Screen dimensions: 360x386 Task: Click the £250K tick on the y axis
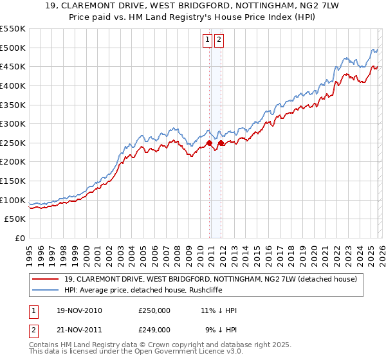[13, 143]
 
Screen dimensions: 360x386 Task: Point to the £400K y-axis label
[13, 85]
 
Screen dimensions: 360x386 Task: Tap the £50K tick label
[15, 219]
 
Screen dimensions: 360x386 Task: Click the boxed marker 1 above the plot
[208, 40]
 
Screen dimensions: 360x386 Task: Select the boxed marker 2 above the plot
[219, 40]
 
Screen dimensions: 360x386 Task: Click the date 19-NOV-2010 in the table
[78, 310]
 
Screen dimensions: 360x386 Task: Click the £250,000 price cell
[154, 310]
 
